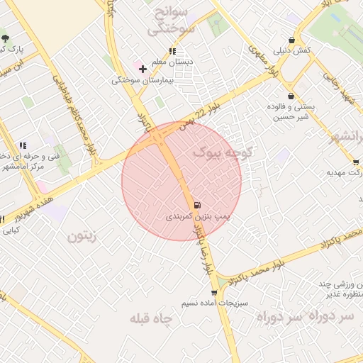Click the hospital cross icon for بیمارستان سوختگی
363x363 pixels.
pos(143,69)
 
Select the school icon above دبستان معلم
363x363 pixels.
pos(172,51)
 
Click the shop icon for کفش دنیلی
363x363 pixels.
pos(292,40)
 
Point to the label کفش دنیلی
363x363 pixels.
pos(291,51)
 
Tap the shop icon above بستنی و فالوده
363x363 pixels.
pos(291,96)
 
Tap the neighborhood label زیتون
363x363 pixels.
pos(81,236)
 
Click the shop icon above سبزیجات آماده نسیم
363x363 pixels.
pos(214,292)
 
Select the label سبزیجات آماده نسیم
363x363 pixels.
pos(209,303)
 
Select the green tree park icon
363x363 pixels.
pos(6,38)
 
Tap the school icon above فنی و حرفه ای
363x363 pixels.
pos(23,145)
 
